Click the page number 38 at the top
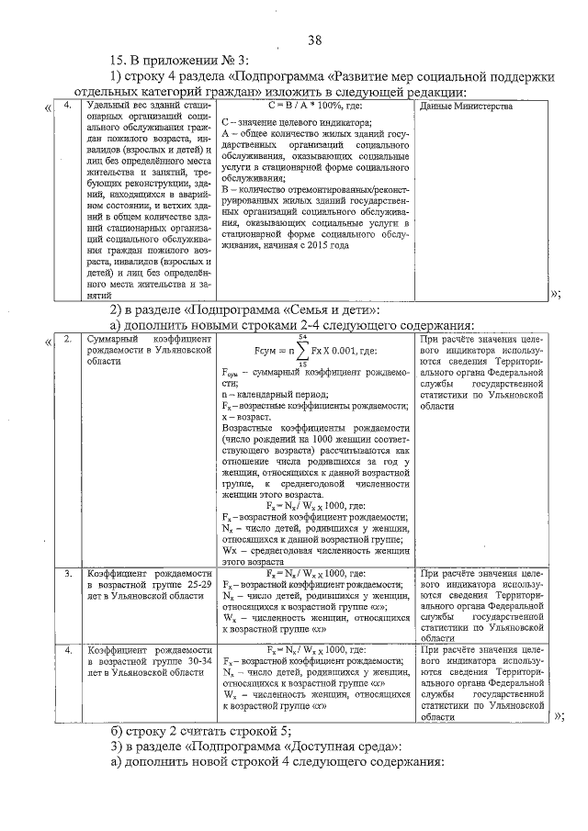(x=314, y=39)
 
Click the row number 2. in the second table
(x=68, y=340)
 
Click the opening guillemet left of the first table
(x=48, y=110)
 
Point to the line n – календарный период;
(x=276, y=393)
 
